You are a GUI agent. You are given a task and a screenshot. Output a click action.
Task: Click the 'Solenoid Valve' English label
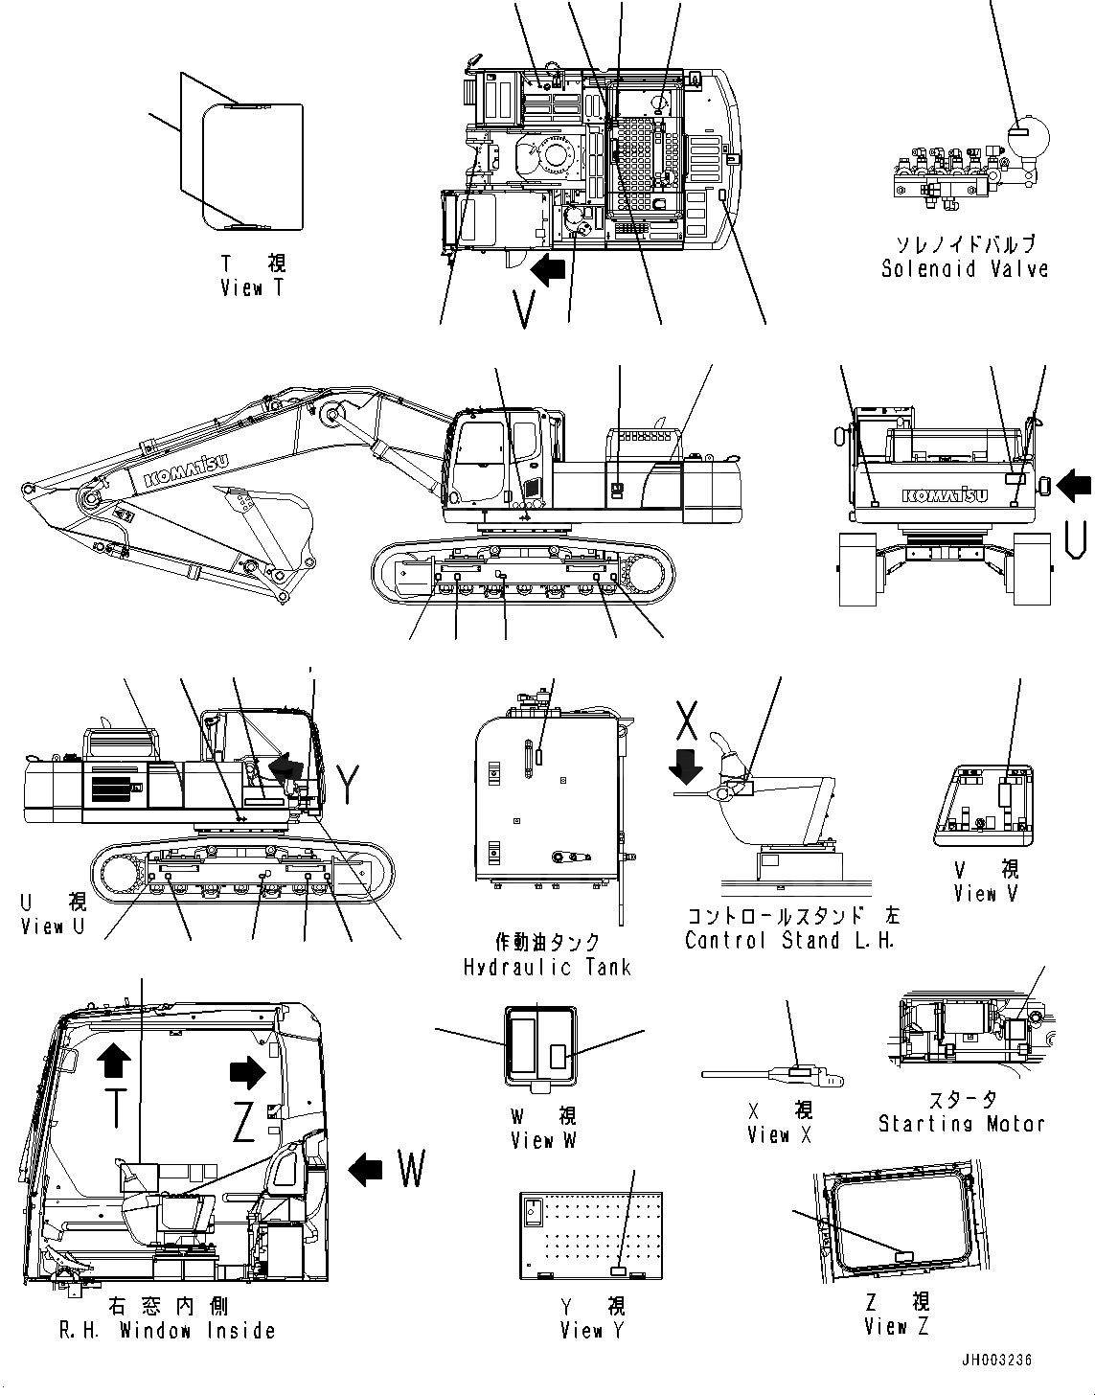(964, 269)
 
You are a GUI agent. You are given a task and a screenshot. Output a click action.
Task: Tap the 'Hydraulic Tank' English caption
(547, 966)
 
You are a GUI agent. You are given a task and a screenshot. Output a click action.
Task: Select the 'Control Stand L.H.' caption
(790, 940)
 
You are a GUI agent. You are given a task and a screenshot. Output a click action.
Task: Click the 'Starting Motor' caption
(961, 1123)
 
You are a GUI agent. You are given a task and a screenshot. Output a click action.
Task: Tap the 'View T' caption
(252, 287)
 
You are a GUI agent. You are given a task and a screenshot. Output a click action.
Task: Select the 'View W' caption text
(544, 1140)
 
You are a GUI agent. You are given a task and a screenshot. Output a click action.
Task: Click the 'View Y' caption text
(582, 1330)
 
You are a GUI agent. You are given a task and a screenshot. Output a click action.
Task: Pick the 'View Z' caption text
(896, 1326)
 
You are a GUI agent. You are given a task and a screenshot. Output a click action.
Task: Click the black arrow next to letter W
(366, 1169)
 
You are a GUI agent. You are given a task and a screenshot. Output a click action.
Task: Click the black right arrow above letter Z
(247, 1073)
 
